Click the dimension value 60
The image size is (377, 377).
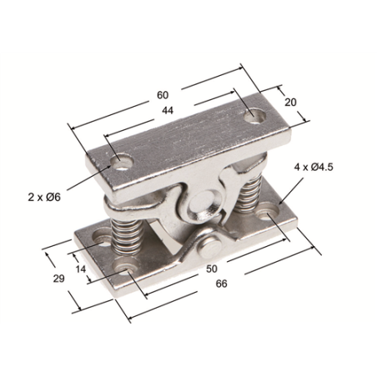click(x=163, y=94)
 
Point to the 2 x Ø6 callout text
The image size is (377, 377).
click(x=43, y=197)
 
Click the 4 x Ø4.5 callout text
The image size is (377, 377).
click(x=314, y=167)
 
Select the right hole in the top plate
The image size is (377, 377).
click(x=252, y=116)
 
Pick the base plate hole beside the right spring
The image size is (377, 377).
click(x=274, y=213)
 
